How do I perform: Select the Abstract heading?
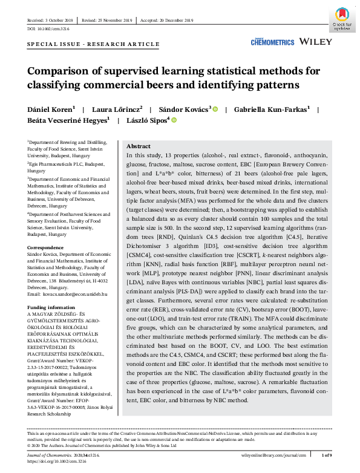point(139,147)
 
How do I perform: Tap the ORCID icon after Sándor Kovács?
point(214,109)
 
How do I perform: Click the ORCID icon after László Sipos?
point(174,121)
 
